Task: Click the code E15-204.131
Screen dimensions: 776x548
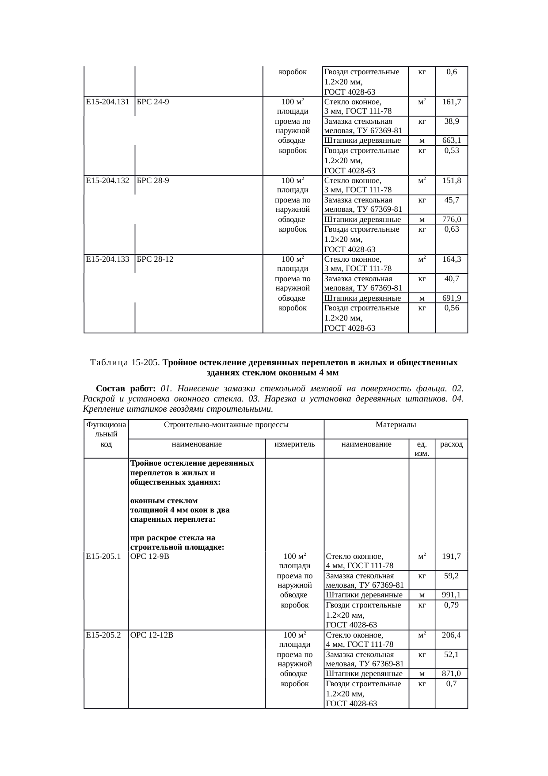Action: point(107,102)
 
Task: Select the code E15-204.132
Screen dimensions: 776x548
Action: point(107,180)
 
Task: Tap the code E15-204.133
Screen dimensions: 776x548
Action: point(107,259)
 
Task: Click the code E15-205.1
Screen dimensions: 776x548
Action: point(104,556)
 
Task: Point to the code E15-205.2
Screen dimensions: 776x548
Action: point(104,635)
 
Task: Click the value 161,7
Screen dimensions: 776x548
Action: point(452,102)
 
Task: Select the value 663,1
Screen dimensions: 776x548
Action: point(452,141)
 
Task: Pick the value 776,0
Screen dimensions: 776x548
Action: point(452,219)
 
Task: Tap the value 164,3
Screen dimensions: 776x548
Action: point(452,259)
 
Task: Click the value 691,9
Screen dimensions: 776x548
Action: point(452,298)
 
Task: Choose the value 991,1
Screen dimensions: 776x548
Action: point(451,595)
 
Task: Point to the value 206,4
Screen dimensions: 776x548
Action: point(451,635)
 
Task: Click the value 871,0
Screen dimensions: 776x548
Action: point(451,673)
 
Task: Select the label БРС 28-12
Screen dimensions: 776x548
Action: point(155,259)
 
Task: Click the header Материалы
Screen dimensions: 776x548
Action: point(396,425)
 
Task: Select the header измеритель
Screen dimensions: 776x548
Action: point(294,444)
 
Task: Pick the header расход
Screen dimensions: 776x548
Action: point(451,444)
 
